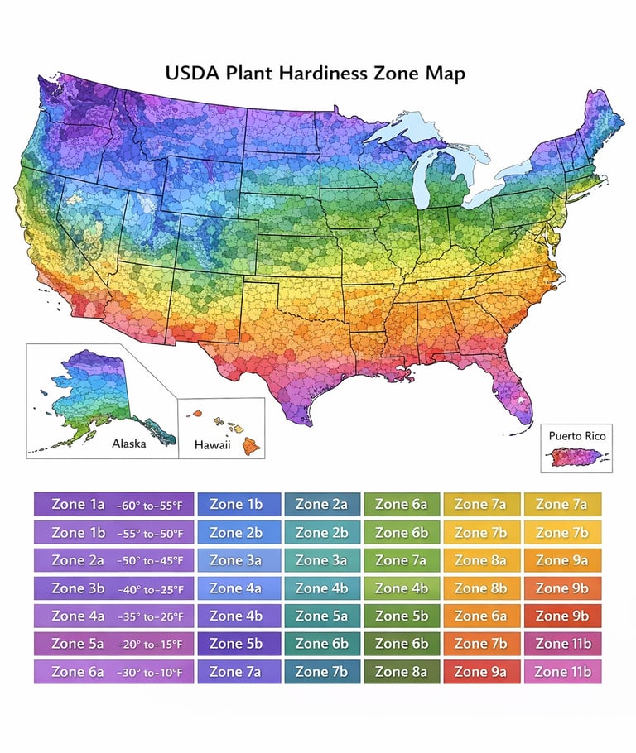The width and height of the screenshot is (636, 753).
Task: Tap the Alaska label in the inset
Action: tap(128, 444)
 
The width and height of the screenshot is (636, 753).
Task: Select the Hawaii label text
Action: tap(212, 445)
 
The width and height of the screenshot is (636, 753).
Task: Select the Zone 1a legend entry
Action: tap(114, 504)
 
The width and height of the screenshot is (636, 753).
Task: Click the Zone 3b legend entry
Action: tap(114, 588)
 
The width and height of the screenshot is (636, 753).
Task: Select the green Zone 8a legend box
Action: tap(402, 671)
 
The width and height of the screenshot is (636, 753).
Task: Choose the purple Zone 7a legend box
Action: tap(236, 671)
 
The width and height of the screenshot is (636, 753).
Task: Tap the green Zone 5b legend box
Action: tap(402, 616)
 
